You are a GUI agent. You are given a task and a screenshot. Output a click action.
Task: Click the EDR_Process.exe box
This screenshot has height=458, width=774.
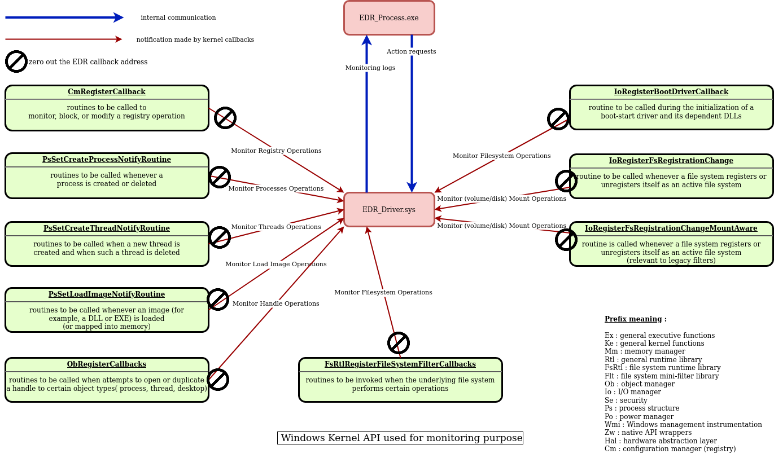389,18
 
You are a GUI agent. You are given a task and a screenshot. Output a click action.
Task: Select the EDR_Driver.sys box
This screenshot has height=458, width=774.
389,210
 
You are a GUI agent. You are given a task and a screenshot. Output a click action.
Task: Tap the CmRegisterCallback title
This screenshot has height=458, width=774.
107,92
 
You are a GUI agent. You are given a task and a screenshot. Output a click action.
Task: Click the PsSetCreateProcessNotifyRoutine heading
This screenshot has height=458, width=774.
107,160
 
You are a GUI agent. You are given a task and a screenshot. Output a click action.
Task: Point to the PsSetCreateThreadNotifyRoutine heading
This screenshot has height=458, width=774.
107,228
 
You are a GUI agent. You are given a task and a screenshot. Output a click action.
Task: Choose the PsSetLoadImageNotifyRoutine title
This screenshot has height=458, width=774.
107,294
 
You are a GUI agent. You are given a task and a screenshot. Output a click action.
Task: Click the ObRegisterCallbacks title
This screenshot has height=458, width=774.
107,364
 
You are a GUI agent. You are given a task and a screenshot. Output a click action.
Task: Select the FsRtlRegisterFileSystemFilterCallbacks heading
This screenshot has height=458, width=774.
400,364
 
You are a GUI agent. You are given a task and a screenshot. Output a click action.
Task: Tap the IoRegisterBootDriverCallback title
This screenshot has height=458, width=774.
671,92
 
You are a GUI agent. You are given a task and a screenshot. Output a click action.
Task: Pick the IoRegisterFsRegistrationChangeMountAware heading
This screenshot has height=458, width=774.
671,228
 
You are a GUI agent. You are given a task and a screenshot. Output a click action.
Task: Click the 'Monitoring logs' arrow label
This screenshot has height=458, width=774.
370,68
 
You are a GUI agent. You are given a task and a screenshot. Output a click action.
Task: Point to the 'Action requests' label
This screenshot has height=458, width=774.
411,51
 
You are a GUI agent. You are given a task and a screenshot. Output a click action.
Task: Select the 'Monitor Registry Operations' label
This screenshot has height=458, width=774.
276,151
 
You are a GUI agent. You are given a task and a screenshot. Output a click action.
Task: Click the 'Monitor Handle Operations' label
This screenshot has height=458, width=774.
276,303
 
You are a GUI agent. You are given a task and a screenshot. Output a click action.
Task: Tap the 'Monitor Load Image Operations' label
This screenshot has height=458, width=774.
276,264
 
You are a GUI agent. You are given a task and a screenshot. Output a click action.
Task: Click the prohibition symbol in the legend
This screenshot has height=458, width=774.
16,61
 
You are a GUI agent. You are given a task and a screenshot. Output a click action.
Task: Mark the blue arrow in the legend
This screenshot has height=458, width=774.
64,17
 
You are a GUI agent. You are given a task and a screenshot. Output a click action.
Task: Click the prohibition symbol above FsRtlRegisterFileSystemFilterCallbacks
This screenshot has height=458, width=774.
399,343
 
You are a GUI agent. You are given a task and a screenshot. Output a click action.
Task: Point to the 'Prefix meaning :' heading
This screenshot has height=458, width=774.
636,319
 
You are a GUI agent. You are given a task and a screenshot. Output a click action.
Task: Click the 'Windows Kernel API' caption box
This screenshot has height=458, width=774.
400,438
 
